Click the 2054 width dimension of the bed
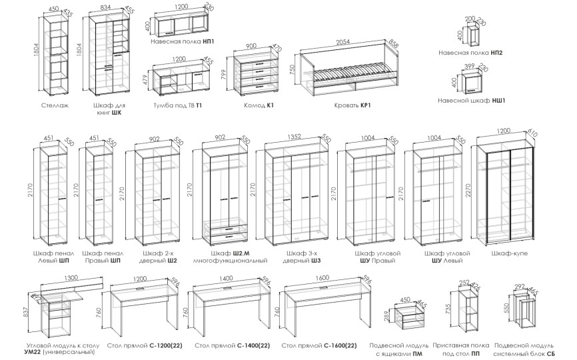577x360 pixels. [343, 41]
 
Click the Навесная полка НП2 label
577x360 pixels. [470, 51]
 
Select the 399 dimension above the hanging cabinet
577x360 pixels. [470, 66]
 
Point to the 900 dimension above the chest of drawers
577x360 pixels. [251, 46]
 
